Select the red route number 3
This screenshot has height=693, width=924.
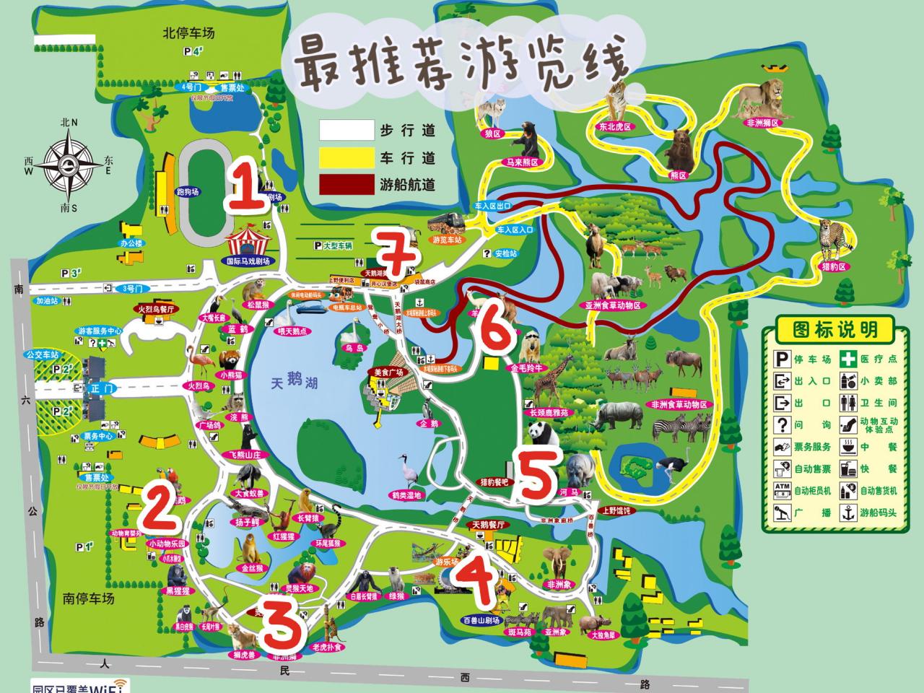(280, 625)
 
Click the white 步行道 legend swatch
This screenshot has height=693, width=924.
(347, 131)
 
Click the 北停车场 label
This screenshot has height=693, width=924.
(189, 32)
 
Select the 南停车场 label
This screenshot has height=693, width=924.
(89, 598)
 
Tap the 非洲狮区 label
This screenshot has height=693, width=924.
(762, 123)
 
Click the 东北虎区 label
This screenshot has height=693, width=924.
(614, 126)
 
